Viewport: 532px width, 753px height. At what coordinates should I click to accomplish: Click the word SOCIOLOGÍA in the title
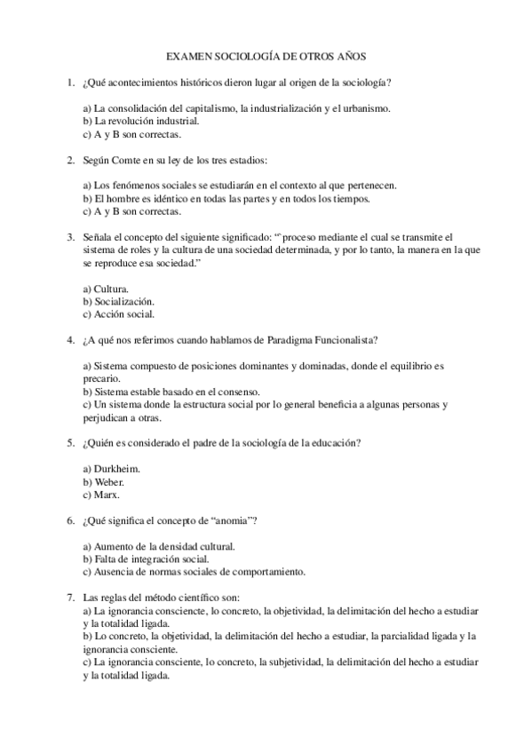click(250, 55)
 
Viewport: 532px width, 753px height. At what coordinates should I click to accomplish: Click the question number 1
click(70, 83)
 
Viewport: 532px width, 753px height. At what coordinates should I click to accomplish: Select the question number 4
click(70, 339)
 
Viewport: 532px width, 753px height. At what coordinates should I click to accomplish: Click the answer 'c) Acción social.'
click(118, 313)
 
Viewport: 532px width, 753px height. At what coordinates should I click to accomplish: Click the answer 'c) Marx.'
click(100, 494)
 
